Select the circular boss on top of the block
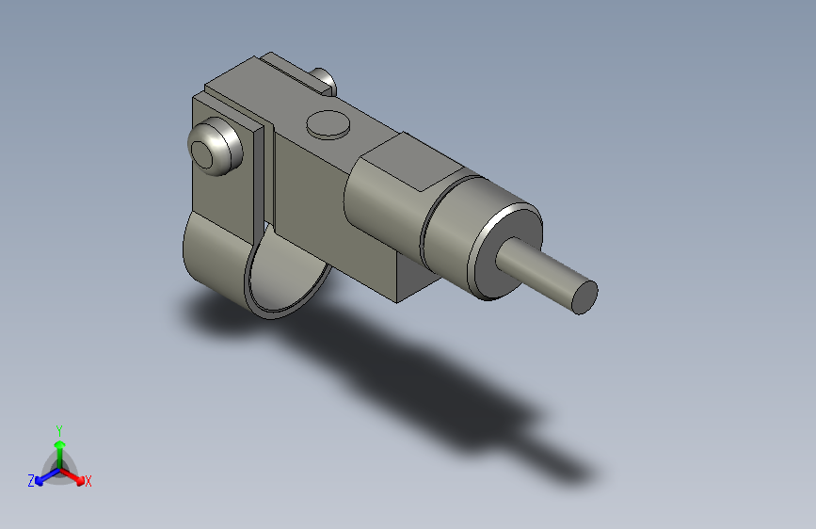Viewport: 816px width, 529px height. pyautogui.click(x=328, y=123)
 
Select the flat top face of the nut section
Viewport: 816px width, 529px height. pyautogui.click(x=414, y=160)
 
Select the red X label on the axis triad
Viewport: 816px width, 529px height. pyautogui.click(x=88, y=482)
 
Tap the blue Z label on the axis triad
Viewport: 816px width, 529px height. pyautogui.click(x=31, y=481)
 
